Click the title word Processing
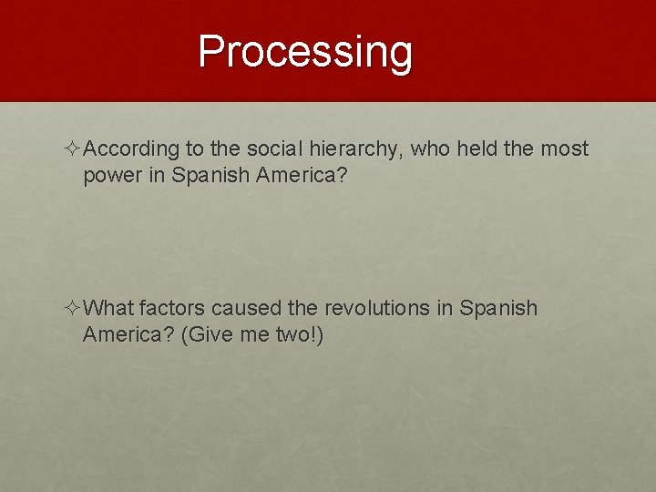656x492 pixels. pyautogui.click(x=305, y=52)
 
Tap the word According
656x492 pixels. pyautogui.click(x=137, y=149)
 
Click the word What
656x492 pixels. pyautogui.click(x=113, y=308)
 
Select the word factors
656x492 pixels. pyautogui.click(x=174, y=308)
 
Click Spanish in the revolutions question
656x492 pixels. pyautogui.click(x=498, y=308)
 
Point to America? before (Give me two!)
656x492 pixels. pyautogui.click(x=128, y=334)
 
